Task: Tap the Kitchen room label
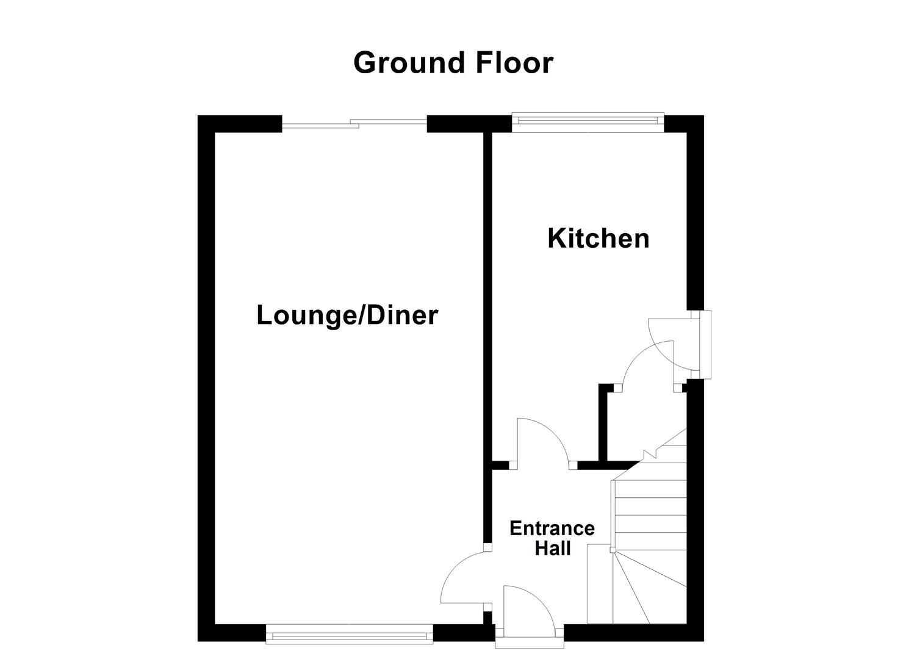click(x=598, y=238)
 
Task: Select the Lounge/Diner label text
click(x=347, y=315)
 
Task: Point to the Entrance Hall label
click(x=552, y=538)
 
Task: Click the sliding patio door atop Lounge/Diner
click(x=354, y=124)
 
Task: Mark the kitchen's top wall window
click(x=587, y=122)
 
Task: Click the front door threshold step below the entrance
click(x=529, y=642)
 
